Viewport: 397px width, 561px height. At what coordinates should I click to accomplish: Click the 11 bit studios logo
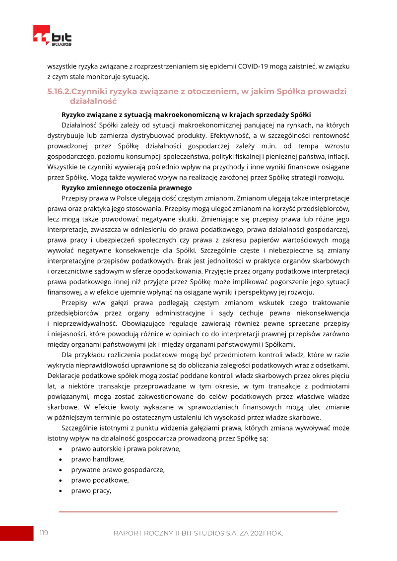coord(52,36)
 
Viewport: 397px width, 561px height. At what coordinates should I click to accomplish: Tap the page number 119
coord(44,533)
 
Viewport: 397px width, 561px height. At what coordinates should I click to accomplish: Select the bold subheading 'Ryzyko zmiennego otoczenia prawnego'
coord(127,187)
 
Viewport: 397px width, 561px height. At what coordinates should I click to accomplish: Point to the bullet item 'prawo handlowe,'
coord(98,459)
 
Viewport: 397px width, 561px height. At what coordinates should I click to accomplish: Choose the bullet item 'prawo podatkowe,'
coord(100,480)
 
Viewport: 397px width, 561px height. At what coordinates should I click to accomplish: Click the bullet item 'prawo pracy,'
coord(91,491)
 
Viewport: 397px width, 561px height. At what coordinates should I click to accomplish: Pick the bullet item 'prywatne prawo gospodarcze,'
coord(118,470)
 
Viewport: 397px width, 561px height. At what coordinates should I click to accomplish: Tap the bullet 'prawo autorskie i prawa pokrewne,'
coord(126,449)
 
